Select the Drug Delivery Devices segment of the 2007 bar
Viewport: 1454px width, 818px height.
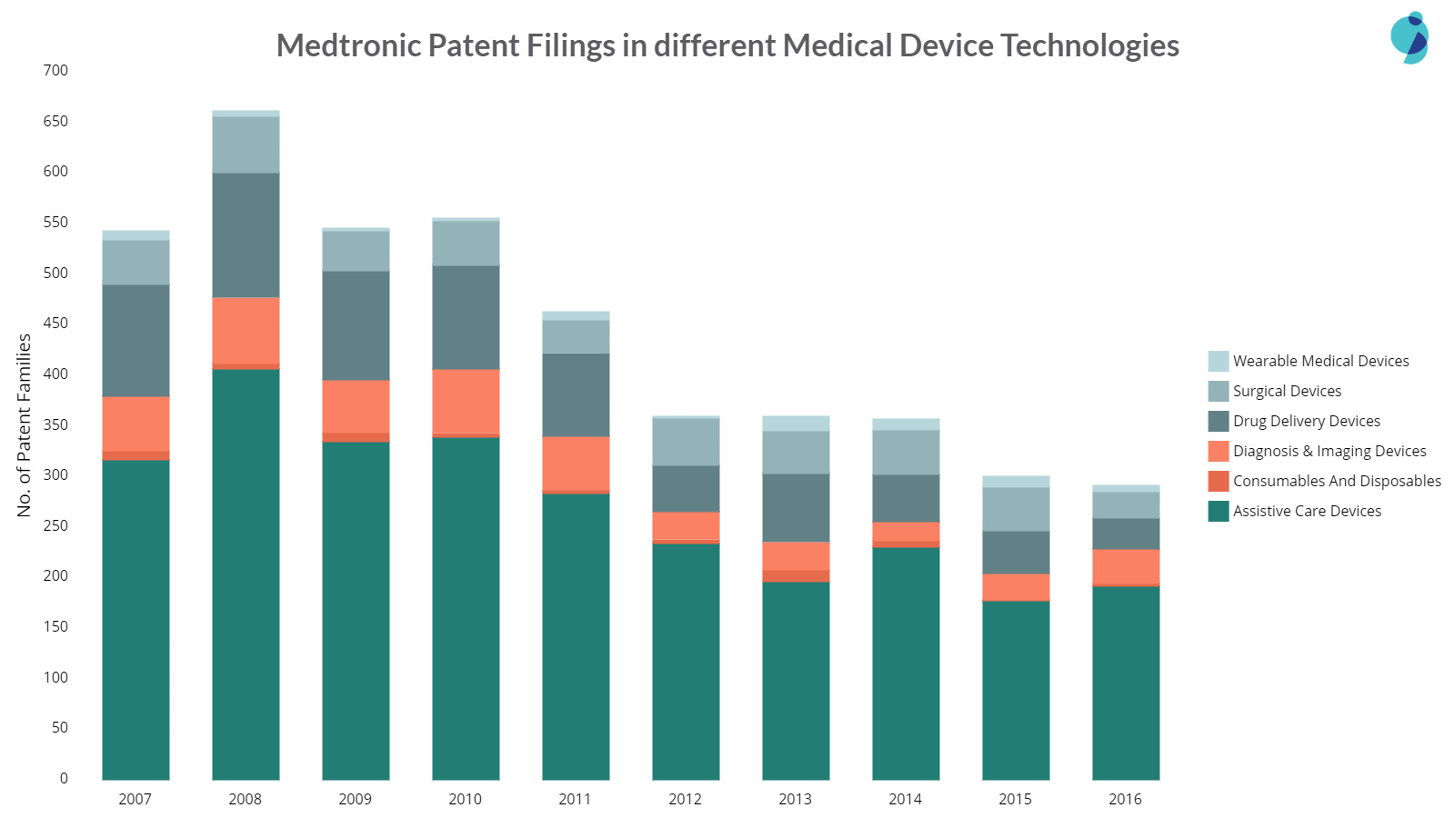135,341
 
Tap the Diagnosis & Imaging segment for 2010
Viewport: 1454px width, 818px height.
466,401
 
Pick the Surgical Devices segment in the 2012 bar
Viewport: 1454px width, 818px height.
686,442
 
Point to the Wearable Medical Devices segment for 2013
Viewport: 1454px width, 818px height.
796,424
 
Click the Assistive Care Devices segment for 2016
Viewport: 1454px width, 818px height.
1126,683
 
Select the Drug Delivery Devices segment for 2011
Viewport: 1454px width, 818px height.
576,394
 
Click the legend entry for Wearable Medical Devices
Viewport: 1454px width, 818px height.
1320,361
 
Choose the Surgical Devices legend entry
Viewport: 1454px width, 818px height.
1287,391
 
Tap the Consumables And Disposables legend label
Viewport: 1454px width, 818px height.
1337,481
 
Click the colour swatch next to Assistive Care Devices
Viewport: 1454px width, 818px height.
1218,511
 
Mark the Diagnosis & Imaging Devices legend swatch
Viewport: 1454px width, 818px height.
1218,451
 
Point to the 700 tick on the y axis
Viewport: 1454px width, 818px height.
55,70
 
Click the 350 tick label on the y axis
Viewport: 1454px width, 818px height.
55,424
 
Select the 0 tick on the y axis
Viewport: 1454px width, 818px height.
64,778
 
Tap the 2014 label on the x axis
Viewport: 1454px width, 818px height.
905,799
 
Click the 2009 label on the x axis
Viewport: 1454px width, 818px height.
355,799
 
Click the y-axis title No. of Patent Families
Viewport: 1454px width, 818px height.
25,424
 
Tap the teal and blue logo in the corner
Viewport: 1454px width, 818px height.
1409,37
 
